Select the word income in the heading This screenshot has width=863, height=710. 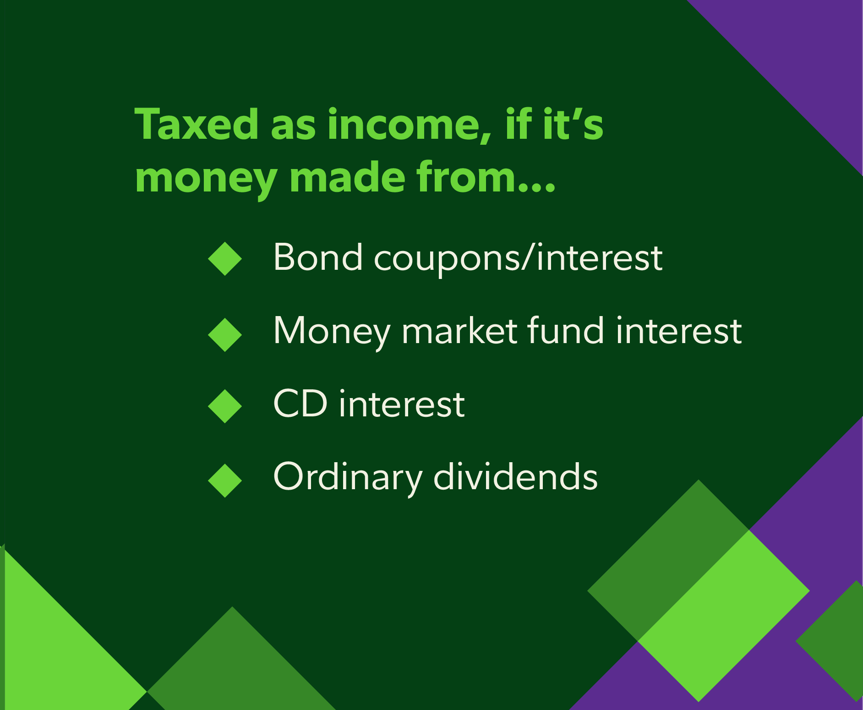point(410,125)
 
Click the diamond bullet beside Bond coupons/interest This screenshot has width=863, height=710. point(225,259)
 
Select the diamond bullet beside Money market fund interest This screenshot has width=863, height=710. point(225,335)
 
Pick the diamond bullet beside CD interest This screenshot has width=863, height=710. point(225,406)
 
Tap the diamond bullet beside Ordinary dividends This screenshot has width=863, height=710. point(225,481)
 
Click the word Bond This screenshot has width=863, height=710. point(318,257)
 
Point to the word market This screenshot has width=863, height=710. point(459,331)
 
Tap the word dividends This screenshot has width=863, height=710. point(515,476)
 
